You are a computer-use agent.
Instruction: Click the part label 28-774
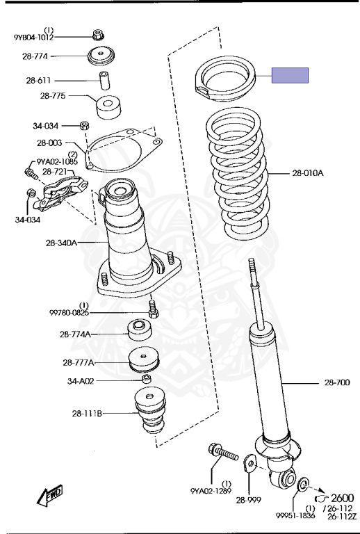[x=35, y=56]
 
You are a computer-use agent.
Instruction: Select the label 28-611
[x=38, y=81]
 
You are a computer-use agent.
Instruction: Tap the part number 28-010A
[x=308, y=173]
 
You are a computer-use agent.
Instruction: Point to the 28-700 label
[x=337, y=382]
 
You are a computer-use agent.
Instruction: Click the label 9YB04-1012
[x=33, y=38]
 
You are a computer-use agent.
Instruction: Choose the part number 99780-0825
[x=69, y=312]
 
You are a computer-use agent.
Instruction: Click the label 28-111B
[x=87, y=414]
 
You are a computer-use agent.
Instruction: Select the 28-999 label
[x=249, y=500]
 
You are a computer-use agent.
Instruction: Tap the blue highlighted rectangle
[x=290, y=75]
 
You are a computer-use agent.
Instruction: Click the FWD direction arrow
[x=49, y=495]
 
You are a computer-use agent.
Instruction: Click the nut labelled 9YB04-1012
[x=98, y=34]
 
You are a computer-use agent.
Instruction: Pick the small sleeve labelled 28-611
[x=104, y=81]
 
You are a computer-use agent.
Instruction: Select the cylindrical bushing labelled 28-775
[x=108, y=107]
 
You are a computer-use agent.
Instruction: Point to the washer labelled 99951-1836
[x=302, y=485]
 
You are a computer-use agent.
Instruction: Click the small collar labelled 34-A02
[x=147, y=379]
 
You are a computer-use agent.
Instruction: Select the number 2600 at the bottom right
[x=343, y=499]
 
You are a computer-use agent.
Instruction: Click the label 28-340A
[x=62, y=243]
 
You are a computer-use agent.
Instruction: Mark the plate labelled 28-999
[x=250, y=464]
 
